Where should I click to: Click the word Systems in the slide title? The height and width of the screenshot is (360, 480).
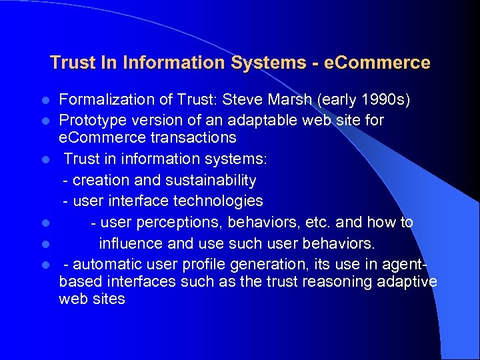pos(264,63)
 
